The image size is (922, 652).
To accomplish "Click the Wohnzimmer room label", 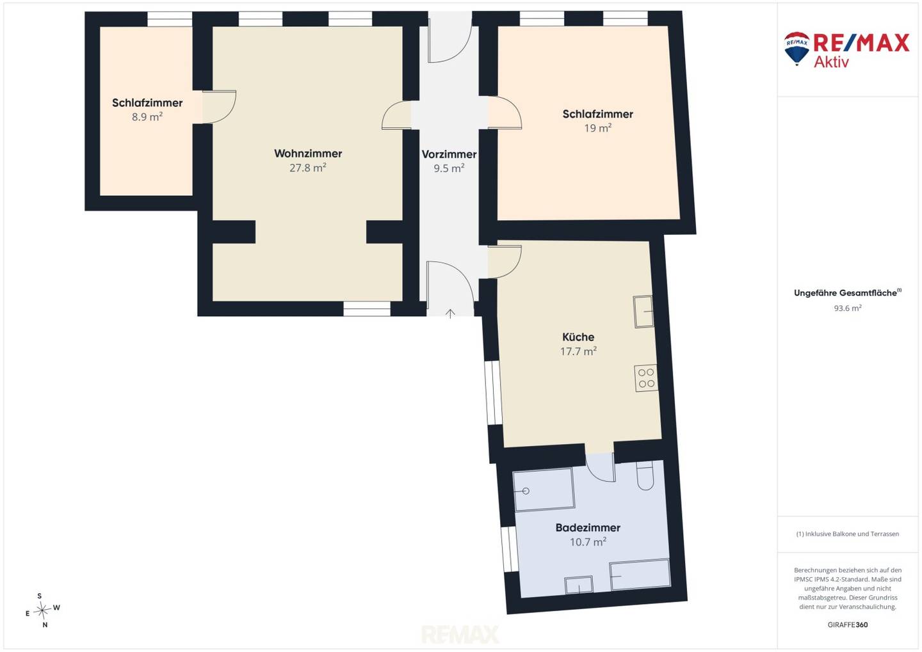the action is coord(308,154).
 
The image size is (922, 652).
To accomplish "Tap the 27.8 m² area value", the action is coord(308,168).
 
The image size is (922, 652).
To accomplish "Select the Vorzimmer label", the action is coord(449,154).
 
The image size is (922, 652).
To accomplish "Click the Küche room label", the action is coord(578,337).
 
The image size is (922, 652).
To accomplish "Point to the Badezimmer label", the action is coord(588,528).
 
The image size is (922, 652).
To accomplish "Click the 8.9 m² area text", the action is coord(147,117).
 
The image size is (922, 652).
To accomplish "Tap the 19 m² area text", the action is coord(597,128).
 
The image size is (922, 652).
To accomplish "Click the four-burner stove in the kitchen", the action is coord(646,378).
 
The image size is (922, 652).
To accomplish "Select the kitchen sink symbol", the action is coord(643,312).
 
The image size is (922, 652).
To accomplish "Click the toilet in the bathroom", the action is coord(645,475).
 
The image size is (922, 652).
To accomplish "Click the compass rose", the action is coord(42,610).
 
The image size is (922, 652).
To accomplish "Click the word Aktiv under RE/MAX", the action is coord(832,61).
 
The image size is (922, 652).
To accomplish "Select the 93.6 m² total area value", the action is coord(848,308).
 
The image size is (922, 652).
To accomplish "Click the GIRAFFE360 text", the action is coord(848,624).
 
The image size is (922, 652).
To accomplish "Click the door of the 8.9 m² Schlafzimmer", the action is coord(219,107).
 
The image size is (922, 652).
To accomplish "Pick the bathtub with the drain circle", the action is coord(544,489).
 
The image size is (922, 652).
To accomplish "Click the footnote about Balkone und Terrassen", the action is coord(848,534).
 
